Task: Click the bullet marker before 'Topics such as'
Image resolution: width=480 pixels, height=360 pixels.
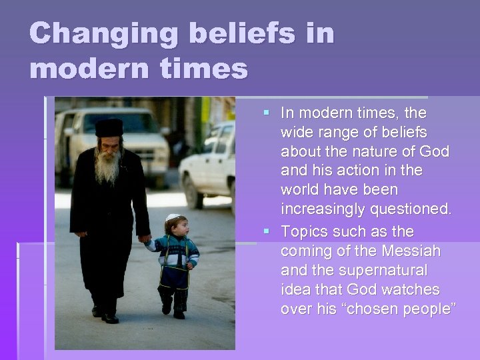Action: coord(267,232)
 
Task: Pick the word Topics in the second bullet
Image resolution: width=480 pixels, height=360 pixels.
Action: coord(303,231)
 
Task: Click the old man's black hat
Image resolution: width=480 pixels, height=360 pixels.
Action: coord(109,127)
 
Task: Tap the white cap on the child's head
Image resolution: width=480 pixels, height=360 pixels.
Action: coord(173,218)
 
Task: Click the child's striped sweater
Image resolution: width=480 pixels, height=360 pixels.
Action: coord(174,253)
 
